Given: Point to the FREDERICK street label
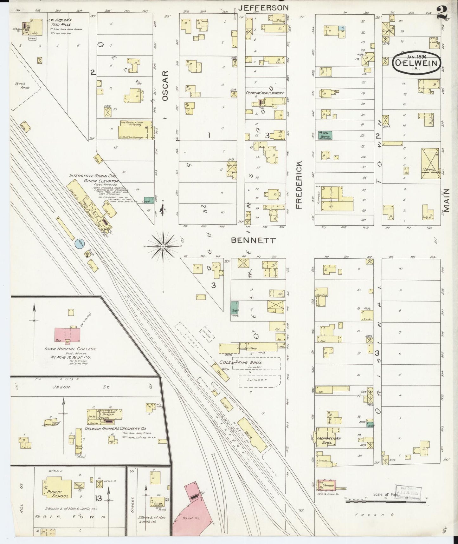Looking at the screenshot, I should [299, 185].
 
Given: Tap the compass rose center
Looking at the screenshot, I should [163, 246].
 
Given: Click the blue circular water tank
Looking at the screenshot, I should [79, 244].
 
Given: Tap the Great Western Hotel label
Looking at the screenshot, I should [324, 441].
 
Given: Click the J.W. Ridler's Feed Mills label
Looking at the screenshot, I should [59, 22].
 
